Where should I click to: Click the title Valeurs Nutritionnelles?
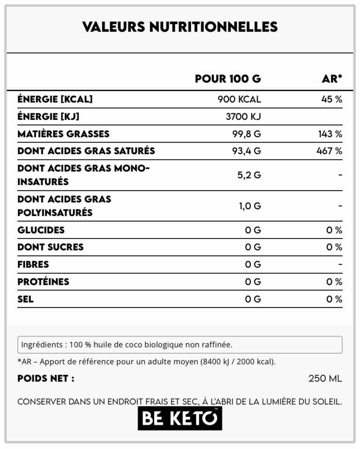(180, 27)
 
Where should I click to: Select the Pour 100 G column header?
(228, 79)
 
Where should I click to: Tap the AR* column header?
(332, 79)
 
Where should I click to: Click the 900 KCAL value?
(239, 99)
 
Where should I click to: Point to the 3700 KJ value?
(243, 117)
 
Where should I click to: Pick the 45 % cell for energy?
(331, 99)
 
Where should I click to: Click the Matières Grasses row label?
(63, 134)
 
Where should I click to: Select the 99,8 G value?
(247, 134)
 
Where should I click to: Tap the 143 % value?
(330, 134)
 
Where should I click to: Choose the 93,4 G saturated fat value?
(247, 151)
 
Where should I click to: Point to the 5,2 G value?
(249, 175)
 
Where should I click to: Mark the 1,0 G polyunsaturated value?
(250, 206)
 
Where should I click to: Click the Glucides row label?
(41, 230)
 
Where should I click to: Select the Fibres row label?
(33, 264)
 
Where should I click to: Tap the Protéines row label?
(43, 282)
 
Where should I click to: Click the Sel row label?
(25, 299)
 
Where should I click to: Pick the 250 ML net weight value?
(325, 378)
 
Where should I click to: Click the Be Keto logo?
(180, 419)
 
